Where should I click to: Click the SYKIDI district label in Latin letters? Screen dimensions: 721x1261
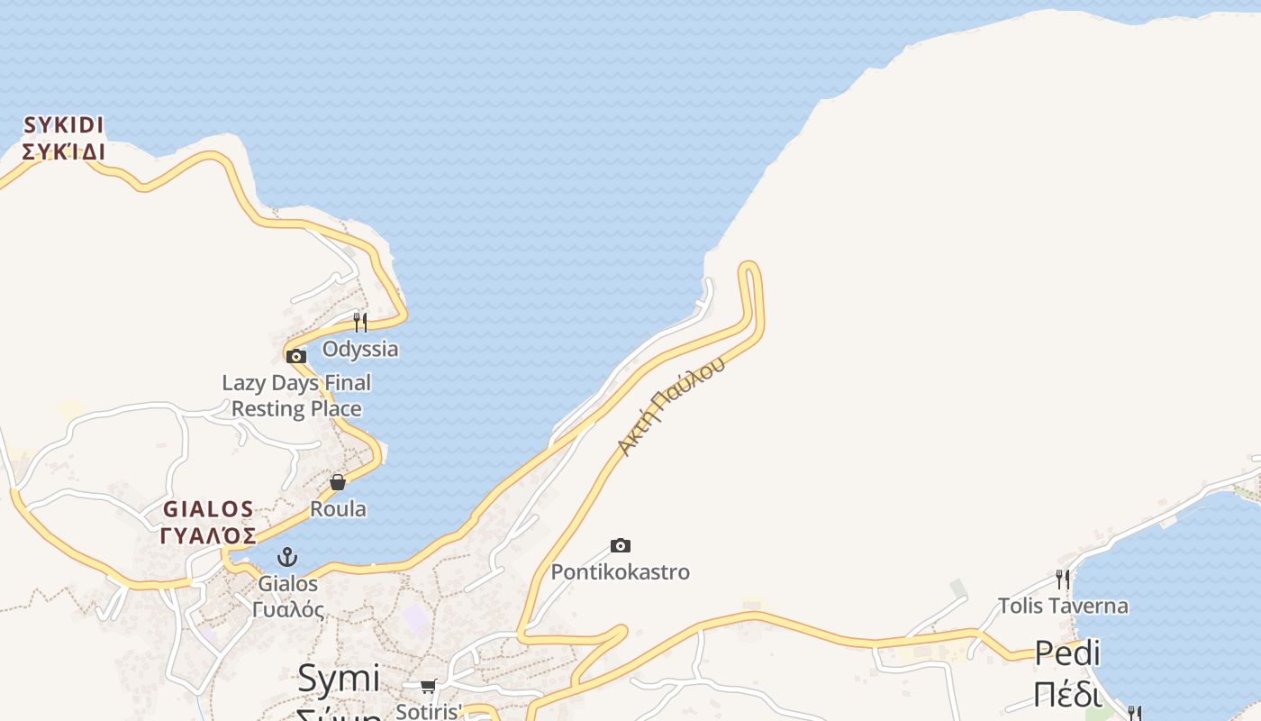tap(64, 124)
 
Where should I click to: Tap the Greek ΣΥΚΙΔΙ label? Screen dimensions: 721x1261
tap(64, 151)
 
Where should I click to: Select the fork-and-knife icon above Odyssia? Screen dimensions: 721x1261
tap(360, 322)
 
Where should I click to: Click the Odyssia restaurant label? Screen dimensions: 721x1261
tap(360, 349)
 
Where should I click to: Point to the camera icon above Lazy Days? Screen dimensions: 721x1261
tap(296, 356)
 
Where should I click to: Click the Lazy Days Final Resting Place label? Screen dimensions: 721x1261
tap(296, 396)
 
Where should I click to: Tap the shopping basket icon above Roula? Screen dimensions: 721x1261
tap(338, 482)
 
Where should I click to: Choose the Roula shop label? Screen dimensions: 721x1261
tap(338, 509)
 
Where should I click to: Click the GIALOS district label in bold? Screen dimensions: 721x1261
tap(208, 509)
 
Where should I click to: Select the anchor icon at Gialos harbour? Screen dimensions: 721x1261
tap(287, 557)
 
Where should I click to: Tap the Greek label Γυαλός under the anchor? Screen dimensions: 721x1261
tap(287, 609)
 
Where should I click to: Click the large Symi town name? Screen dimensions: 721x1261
tap(339, 678)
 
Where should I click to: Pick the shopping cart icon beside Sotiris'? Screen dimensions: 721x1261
tap(429, 687)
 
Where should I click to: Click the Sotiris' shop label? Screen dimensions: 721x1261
tap(429, 711)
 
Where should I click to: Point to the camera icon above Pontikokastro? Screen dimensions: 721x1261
tap(620, 545)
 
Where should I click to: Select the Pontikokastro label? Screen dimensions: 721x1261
tap(620, 572)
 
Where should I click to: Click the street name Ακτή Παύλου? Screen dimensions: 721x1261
tap(672, 405)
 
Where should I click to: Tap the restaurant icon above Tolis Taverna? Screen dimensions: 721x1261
tap(1063, 579)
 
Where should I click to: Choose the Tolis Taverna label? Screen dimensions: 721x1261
tap(1063, 606)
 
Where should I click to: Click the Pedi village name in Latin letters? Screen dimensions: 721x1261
tap(1067, 653)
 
